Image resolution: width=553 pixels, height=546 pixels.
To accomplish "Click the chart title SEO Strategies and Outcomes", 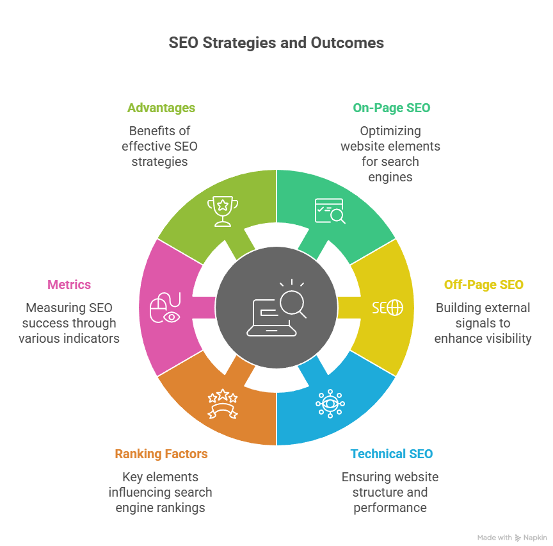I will [276, 43].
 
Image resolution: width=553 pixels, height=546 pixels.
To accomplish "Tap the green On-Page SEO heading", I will [391, 108].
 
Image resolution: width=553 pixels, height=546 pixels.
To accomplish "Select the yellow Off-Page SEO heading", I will [483, 285].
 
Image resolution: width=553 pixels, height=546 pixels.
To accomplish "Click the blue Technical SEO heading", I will [391, 454].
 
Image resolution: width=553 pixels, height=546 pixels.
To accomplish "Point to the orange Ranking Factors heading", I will [161, 454].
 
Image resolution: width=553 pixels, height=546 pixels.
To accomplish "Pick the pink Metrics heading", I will [69, 285].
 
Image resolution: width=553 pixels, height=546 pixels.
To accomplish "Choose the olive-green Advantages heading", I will [161, 108].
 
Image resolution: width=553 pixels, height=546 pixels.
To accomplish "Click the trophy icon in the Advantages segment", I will [222, 211].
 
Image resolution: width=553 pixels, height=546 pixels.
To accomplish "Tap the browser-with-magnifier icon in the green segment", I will [330, 211].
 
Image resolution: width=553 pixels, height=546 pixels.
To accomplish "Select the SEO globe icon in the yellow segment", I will [388, 308].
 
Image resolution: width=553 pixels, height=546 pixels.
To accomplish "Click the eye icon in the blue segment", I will [330, 404].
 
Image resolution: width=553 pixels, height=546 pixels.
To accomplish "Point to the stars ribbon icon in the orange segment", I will [222, 404].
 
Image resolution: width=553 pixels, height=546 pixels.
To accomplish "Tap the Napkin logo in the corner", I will [533, 537].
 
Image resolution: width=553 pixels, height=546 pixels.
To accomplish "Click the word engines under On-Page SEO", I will [390, 177].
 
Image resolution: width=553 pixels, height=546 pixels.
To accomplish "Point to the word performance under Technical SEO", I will [390, 508].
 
